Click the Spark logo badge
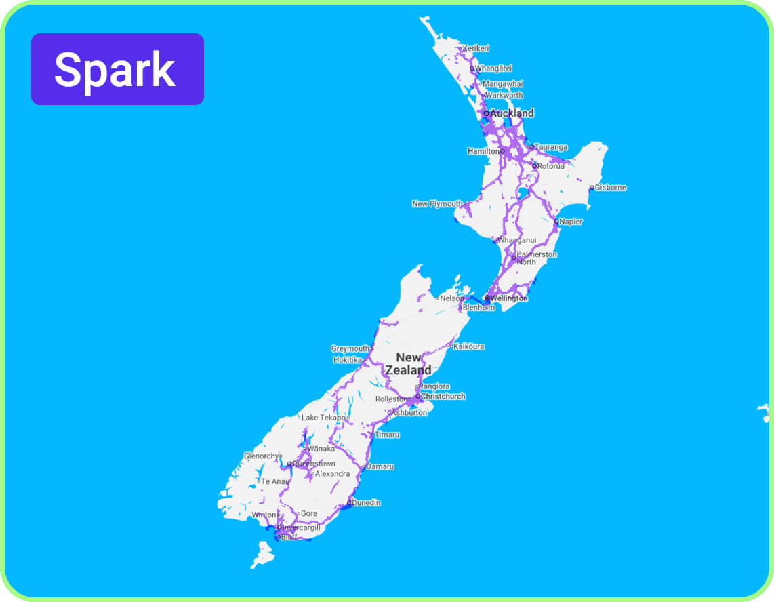point(117,69)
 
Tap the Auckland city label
point(512,113)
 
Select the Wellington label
point(509,298)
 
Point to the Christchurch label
point(443,396)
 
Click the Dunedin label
point(366,503)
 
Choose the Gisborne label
point(610,188)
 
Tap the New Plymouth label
point(437,204)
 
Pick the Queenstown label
point(314,464)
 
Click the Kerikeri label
point(476,48)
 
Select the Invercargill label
point(301,527)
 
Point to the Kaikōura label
point(469,346)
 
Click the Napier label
point(571,222)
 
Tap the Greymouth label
point(350,349)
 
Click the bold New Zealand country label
point(409,364)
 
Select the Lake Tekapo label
point(323,418)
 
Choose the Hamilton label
point(484,151)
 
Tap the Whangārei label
point(493,68)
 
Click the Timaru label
point(387,435)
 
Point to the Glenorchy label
point(261,456)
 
